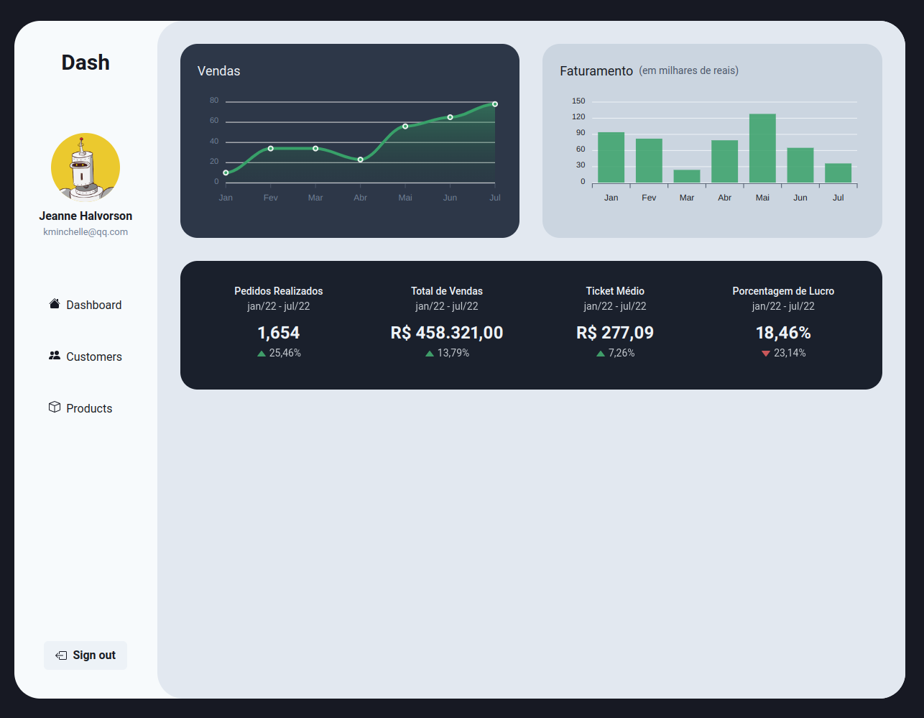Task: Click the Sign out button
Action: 86,655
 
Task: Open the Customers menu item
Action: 86,356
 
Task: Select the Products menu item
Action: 80,408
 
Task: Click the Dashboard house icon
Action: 55,304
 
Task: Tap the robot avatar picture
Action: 86,167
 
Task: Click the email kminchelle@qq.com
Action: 86,232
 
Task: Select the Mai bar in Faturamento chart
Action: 762,148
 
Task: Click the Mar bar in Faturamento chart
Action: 687,176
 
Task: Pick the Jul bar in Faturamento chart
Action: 838,173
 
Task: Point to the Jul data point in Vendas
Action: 495,104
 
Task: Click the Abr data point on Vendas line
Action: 361,160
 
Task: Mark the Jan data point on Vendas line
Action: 226,172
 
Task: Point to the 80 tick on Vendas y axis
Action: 214,101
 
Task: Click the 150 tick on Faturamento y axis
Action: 578,101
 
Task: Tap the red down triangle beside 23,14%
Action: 766,354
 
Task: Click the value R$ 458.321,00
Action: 447,333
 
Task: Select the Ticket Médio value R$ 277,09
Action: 615,333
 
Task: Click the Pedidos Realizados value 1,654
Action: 279,333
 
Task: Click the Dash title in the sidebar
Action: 86,63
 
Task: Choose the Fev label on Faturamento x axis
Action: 649,198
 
